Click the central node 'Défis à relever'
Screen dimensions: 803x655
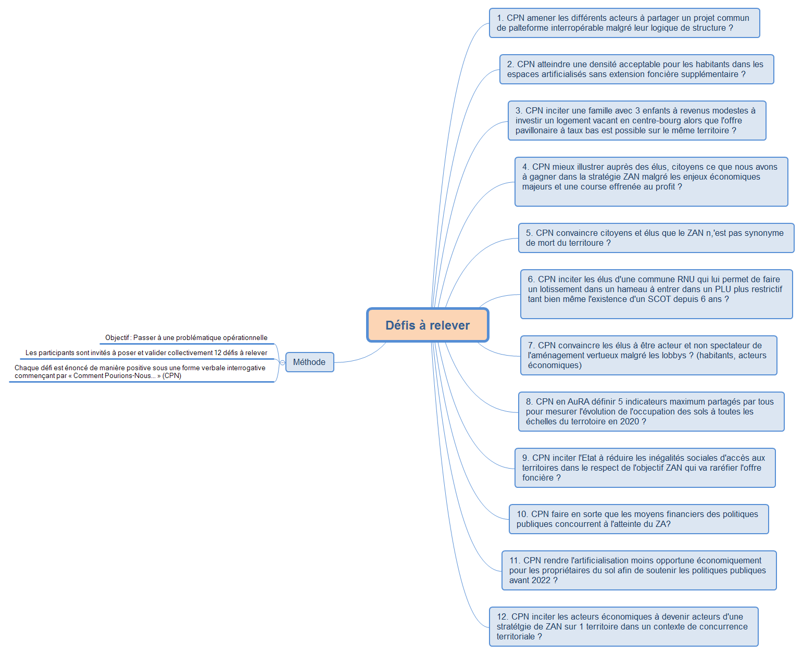pyautogui.click(x=427, y=325)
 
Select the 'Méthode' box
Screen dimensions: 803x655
pyautogui.click(x=309, y=362)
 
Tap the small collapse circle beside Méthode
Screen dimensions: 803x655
pyautogui.click(x=282, y=362)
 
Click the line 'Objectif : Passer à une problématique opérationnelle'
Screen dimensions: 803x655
pyautogui.click(x=186, y=337)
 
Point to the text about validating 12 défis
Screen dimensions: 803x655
pyautogui.click(x=146, y=353)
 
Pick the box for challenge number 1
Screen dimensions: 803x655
pyautogui.click(x=624, y=23)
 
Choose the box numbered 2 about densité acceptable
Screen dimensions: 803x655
pyautogui.click(x=636, y=69)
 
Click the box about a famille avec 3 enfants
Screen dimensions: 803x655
pyautogui.click(x=636, y=120)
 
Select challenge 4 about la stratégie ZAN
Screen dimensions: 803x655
pyautogui.click(x=651, y=182)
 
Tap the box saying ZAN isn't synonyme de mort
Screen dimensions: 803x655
pyautogui.click(x=656, y=238)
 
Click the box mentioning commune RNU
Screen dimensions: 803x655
pyautogui.click(x=657, y=294)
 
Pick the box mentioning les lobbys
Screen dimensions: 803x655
pyautogui.click(x=648, y=355)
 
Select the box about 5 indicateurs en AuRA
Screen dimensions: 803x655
pyautogui.click(x=651, y=411)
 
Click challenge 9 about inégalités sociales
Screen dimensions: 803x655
pyautogui.click(x=645, y=468)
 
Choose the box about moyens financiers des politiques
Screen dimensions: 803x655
pyautogui.click(x=638, y=519)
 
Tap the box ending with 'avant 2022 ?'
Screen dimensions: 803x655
pyautogui.click(x=639, y=570)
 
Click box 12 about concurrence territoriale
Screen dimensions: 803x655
pyautogui.click(x=624, y=626)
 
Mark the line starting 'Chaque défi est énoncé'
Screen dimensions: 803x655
pyautogui.click(x=140, y=372)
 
